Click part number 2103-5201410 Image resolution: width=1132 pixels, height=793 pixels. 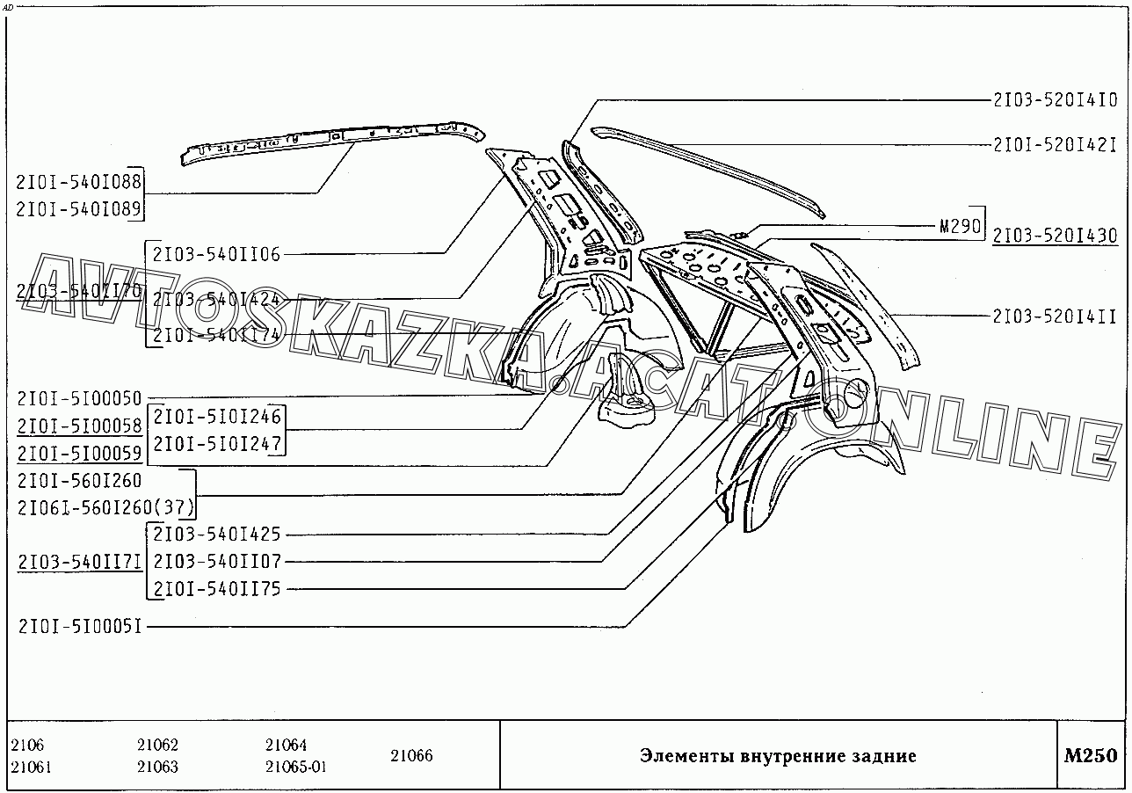pyautogui.click(x=1056, y=101)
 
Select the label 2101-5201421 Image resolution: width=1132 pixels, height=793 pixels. pyautogui.click(x=1056, y=144)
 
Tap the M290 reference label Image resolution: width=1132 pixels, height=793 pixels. pyautogui.click(x=959, y=226)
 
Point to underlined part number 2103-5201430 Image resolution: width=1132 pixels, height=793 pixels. pyautogui.click(x=1055, y=236)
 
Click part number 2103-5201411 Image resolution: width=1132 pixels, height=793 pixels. pyautogui.click(x=1056, y=315)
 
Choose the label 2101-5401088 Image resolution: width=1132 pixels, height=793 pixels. pyautogui.click(x=78, y=183)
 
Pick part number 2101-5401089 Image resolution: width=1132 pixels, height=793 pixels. pyautogui.click(x=78, y=208)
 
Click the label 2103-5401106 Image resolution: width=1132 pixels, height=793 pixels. pyautogui.click(x=216, y=255)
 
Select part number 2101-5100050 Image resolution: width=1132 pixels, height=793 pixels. pyautogui.click(x=78, y=399)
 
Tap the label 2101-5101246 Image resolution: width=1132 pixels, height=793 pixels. pyautogui.click(x=216, y=417)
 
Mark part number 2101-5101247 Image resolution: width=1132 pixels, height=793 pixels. pyautogui.click(x=216, y=443)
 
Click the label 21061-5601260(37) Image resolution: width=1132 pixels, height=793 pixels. pyautogui.click(x=105, y=507)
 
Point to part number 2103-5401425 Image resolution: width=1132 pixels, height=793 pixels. pyautogui.click(x=216, y=535)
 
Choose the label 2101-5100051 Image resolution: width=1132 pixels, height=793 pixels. pyautogui.click(x=79, y=627)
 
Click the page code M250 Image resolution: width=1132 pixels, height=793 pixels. pyautogui.click(x=1090, y=756)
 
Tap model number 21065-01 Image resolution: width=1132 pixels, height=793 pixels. pyautogui.click(x=295, y=767)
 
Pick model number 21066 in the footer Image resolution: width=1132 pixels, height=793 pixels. pyautogui.click(x=411, y=756)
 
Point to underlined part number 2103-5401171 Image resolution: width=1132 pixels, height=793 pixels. pyautogui.click(x=78, y=562)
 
